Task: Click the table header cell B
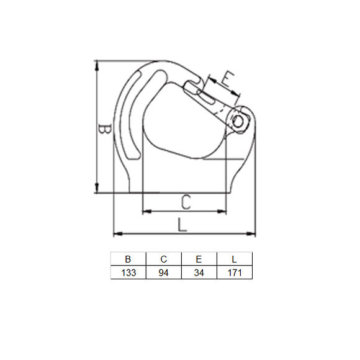[x=128, y=259]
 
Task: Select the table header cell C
[x=164, y=259]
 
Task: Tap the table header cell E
[x=199, y=259]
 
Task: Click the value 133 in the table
[x=128, y=272]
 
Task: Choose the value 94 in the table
[x=164, y=272]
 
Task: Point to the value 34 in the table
[x=199, y=272]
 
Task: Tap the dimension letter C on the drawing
[x=185, y=201]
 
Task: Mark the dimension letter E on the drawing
[x=227, y=79]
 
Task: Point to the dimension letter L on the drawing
[x=181, y=224]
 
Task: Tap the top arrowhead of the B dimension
[x=97, y=64]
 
